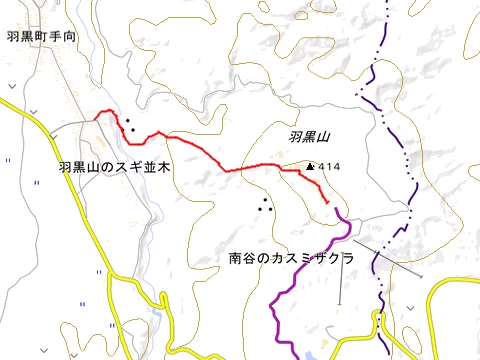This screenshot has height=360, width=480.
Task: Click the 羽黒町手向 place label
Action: pos(41,36)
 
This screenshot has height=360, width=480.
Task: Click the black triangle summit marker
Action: pos(311,166)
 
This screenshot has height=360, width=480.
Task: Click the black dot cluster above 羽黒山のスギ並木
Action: pos(130,126)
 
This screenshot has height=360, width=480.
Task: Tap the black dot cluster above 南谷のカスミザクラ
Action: pos(266,206)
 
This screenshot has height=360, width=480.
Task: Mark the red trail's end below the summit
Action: pos(328,203)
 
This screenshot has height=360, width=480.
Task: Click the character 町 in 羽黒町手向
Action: pos(41,36)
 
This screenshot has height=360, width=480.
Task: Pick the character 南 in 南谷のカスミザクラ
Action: pos(235,259)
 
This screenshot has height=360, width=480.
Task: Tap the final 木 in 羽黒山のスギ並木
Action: pos(163,168)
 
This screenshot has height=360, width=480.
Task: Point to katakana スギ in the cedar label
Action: pos(125,168)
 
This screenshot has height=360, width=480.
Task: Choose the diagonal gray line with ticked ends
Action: pos(390,259)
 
